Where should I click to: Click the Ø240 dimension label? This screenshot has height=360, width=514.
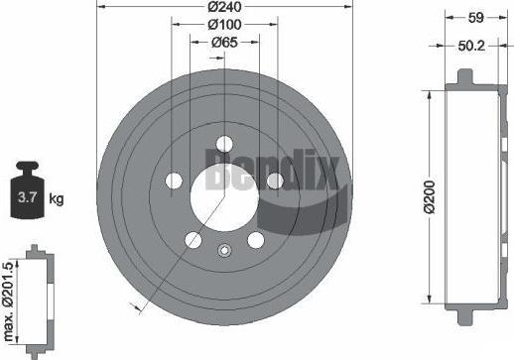tap(225, 7)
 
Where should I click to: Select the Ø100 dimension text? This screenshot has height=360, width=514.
tap(225, 25)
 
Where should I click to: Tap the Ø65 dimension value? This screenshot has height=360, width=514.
tap(225, 43)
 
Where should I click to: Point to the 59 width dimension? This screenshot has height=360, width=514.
tap(476, 18)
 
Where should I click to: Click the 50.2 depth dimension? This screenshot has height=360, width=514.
tap(471, 46)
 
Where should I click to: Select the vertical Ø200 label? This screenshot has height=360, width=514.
tap(430, 197)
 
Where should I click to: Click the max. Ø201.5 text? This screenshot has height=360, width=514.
tap(8, 301)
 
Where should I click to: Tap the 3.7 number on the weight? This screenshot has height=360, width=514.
tap(27, 197)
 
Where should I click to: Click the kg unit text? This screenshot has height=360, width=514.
tap(57, 198)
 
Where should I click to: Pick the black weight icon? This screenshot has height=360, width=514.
tap(27, 189)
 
